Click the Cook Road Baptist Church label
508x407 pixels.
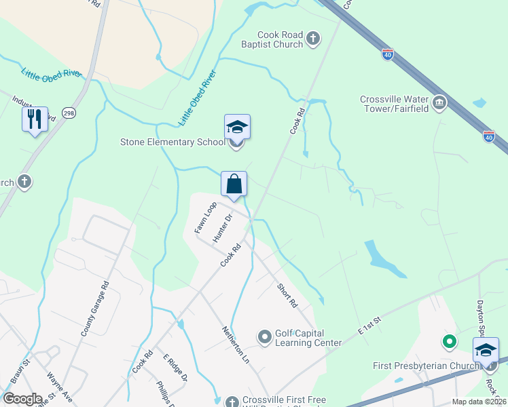[x=280, y=40]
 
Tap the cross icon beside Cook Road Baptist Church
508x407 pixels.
[x=313, y=38]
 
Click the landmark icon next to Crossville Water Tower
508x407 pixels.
[x=439, y=103]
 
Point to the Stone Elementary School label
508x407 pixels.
[x=172, y=142]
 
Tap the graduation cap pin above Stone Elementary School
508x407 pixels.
[x=237, y=127]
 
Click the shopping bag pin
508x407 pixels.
[x=234, y=184]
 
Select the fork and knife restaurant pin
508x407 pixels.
[x=35, y=119]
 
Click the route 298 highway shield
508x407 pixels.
[x=69, y=113]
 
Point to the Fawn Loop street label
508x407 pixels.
[x=205, y=217]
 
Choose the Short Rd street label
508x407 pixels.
[x=287, y=295]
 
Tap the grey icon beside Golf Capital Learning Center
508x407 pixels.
[x=265, y=336]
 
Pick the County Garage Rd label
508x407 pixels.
[x=95, y=309]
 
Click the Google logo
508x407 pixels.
[x=22, y=399]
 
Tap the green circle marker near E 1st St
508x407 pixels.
[x=448, y=343]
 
